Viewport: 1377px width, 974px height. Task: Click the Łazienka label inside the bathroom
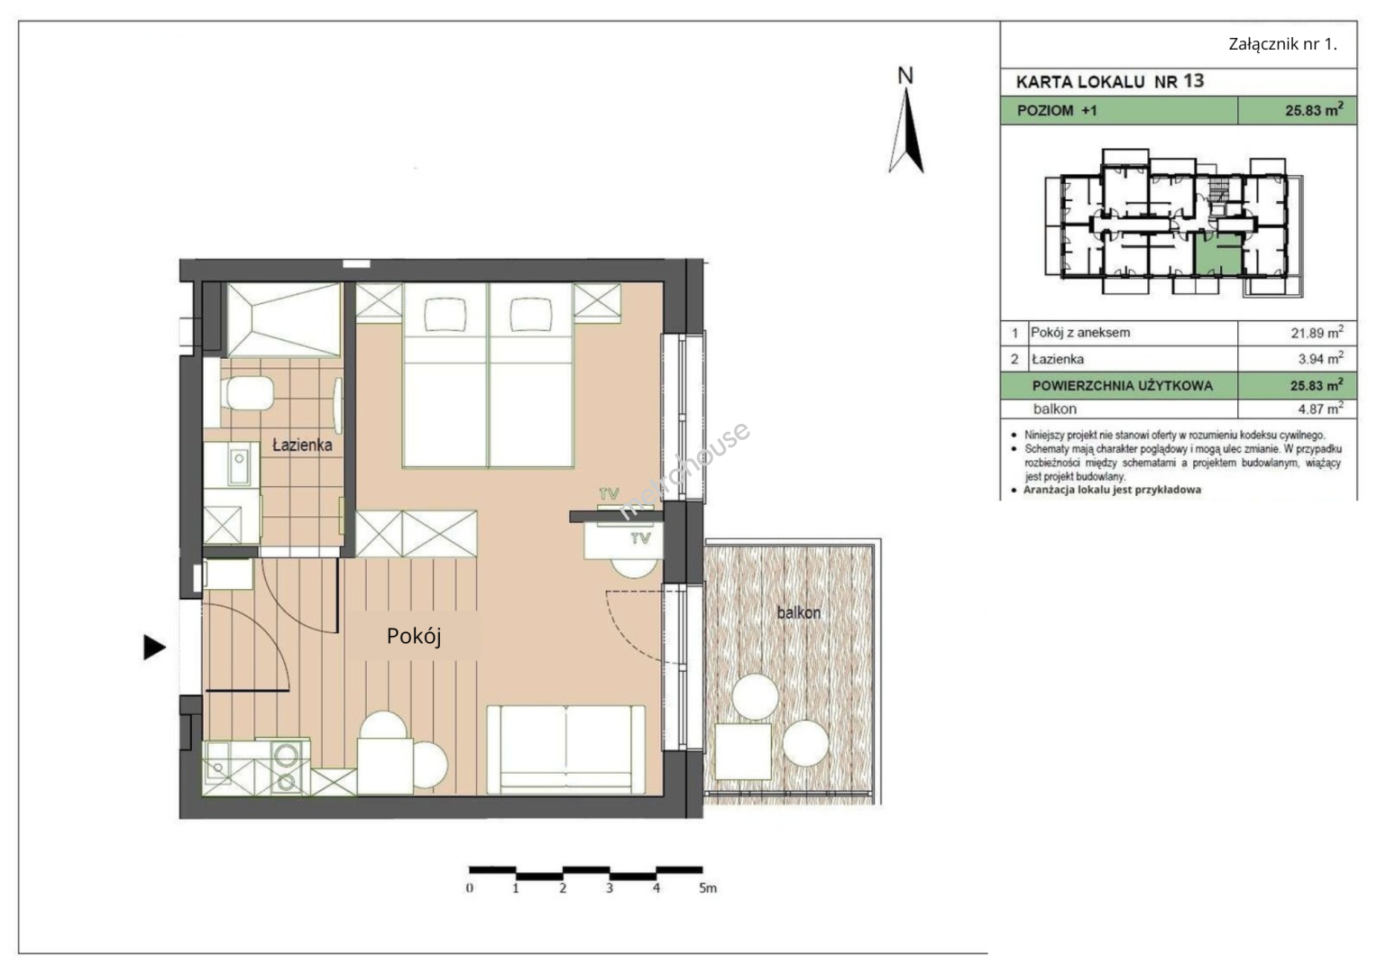coord(302,445)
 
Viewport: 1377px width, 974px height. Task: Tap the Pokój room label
coord(414,637)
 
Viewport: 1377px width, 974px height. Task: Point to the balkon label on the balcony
coord(799,612)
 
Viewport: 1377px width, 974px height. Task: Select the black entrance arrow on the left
coord(154,647)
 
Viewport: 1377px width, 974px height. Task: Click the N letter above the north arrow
coord(905,76)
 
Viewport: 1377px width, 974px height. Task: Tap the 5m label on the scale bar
coord(708,888)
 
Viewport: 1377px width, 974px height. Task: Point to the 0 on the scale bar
coord(470,888)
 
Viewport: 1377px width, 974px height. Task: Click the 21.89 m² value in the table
coord(1317,333)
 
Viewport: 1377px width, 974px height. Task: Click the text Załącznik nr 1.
coord(1283,44)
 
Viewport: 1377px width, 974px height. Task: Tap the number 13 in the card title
coord(1193,80)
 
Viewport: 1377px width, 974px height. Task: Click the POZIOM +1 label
coord(1057,111)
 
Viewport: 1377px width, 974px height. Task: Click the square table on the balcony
coord(743,751)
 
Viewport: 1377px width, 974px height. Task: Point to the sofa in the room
coord(566,749)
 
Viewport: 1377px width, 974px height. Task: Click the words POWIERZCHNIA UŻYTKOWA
coord(1123,386)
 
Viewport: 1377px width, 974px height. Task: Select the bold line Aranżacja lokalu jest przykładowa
coord(1112,490)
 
